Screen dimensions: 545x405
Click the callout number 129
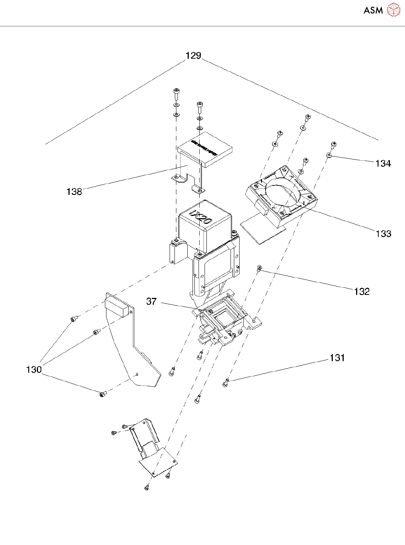coord(193,56)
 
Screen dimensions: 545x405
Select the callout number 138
coord(74,192)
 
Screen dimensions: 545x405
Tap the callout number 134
coord(383,164)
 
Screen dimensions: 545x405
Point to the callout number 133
coord(384,234)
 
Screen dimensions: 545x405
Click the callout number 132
coord(362,291)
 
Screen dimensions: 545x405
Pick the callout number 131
coord(337,358)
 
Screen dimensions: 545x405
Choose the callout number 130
coord(34,370)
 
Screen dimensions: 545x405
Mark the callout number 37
coord(151,302)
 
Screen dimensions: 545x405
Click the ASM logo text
coord(373,11)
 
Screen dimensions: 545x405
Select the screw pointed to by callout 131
coord(226,383)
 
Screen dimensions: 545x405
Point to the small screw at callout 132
coord(259,267)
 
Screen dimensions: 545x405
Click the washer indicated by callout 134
coord(329,155)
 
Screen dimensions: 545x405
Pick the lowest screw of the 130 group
coord(103,394)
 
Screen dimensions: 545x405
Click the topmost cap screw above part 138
coord(176,92)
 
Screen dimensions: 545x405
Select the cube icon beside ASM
coord(393,10)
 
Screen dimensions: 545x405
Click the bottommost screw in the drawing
coord(146,488)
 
